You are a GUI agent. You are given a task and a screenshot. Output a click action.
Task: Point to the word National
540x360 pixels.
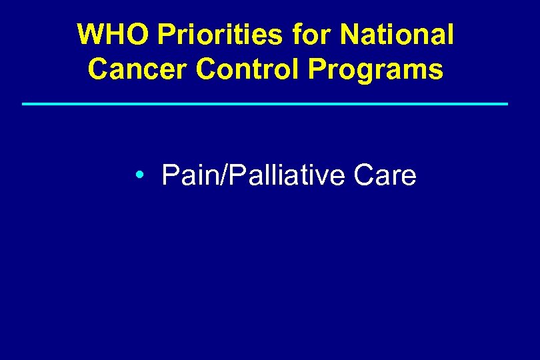pos(397,35)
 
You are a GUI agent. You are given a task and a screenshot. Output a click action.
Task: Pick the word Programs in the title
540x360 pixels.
pos(376,69)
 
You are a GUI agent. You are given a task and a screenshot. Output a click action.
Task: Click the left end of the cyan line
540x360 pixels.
pos(24,104)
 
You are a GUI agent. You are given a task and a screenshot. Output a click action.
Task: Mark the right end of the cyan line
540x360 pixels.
pos(507,104)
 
